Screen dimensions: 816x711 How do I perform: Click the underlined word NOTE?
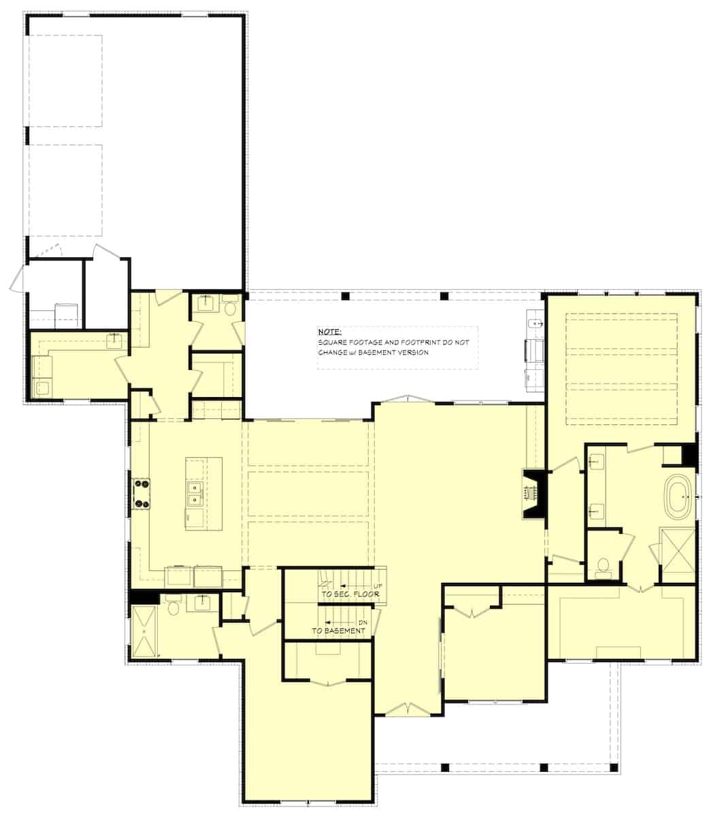(330, 331)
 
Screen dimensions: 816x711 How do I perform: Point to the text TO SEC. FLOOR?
(350, 594)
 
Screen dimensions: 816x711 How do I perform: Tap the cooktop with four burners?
(142, 494)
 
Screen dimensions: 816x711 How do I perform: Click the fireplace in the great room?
(533, 494)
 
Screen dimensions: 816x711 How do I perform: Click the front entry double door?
(406, 709)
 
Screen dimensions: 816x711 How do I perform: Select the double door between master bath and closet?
(642, 587)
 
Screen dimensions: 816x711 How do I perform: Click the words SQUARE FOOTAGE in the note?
(348, 343)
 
